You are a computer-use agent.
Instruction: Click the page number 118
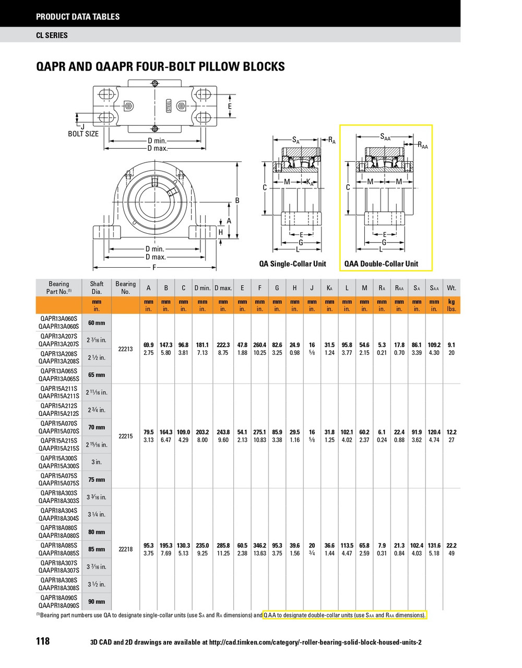click(x=43, y=641)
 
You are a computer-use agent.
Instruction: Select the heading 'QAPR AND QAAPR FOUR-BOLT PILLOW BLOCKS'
click(x=160, y=66)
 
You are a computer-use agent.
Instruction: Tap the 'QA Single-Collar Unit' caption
click(x=292, y=264)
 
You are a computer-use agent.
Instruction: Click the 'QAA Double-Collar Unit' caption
click(x=381, y=264)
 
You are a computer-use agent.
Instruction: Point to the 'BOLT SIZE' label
click(x=83, y=134)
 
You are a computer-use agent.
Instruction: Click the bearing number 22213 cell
click(x=125, y=349)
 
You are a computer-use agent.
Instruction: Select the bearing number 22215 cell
click(x=125, y=436)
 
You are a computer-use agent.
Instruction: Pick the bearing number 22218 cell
click(x=125, y=549)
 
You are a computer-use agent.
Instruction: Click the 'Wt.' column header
click(x=452, y=288)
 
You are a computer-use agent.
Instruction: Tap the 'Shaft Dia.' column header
click(x=97, y=288)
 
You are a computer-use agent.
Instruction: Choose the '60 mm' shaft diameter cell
click(x=97, y=323)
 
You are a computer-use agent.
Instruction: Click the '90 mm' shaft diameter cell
click(x=97, y=602)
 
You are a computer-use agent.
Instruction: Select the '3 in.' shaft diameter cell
click(x=97, y=462)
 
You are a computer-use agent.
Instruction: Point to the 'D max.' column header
click(x=223, y=288)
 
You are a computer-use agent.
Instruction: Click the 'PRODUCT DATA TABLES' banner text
click(x=78, y=17)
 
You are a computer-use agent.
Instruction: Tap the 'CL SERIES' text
click(x=52, y=35)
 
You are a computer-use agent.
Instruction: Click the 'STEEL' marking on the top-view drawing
click(x=169, y=105)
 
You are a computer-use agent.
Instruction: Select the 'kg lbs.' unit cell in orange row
click(x=452, y=305)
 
